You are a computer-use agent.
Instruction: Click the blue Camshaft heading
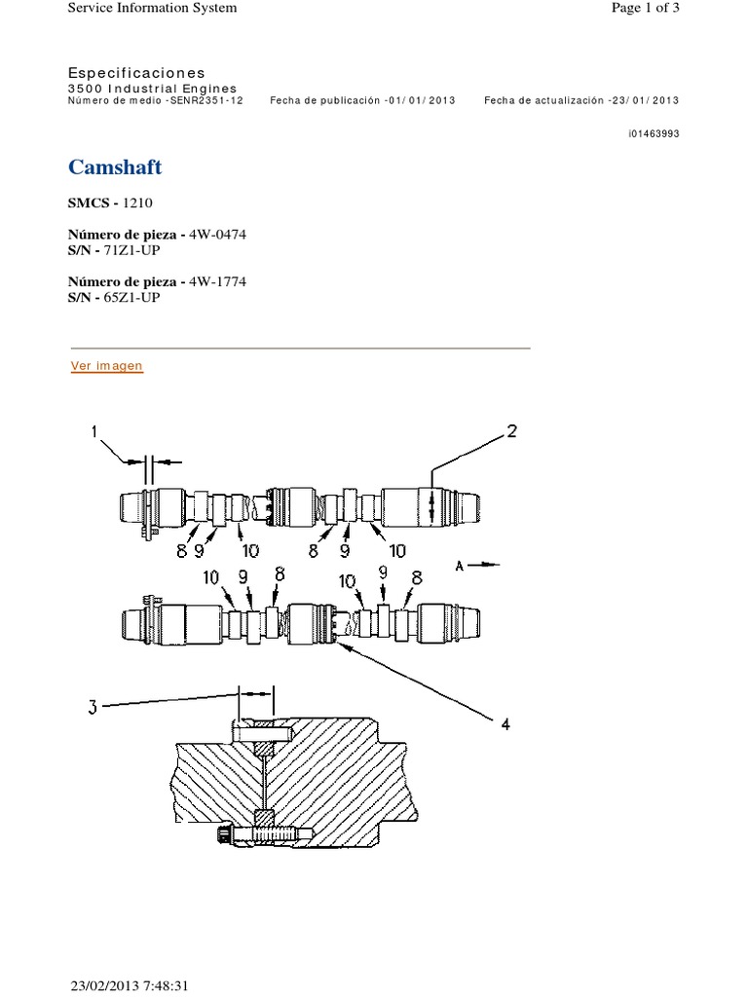115,167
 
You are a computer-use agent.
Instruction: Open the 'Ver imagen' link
107,366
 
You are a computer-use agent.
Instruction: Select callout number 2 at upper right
511,432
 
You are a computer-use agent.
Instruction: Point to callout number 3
93,709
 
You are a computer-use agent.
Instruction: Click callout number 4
505,723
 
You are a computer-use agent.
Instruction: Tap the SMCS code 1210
136,203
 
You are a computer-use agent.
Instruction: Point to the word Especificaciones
136,73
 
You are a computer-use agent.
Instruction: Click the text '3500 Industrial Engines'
153,88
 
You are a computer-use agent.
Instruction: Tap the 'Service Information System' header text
151,8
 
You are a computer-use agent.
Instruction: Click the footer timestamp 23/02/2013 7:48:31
129,985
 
